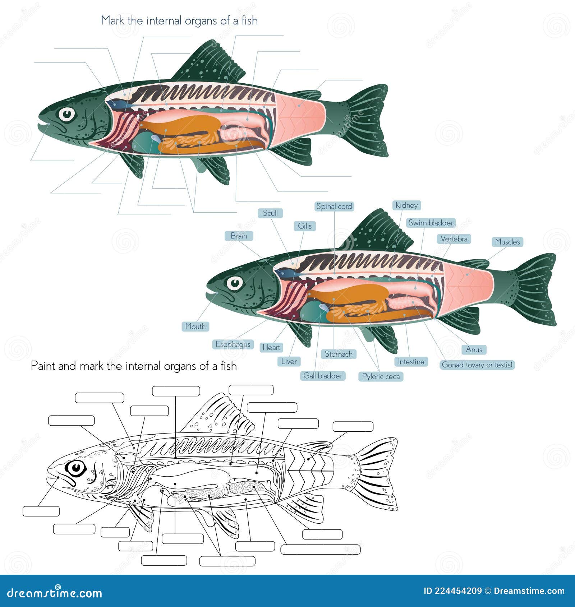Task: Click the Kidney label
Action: click(406, 205)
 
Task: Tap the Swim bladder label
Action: click(431, 223)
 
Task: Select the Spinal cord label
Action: click(334, 207)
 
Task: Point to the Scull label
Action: click(270, 213)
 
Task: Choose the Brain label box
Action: click(239, 236)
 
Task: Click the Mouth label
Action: click(195, 326)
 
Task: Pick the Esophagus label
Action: click(233, 344)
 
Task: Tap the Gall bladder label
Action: click(323, 376)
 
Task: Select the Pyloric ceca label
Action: click(381, 376)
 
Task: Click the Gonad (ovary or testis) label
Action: click(477, 365)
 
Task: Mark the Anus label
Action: click(474, 349)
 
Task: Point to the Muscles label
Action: click(507, 242)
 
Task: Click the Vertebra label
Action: click(454, 239)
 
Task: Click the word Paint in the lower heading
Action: click(43, 366)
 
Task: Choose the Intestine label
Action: click(411, 362)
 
